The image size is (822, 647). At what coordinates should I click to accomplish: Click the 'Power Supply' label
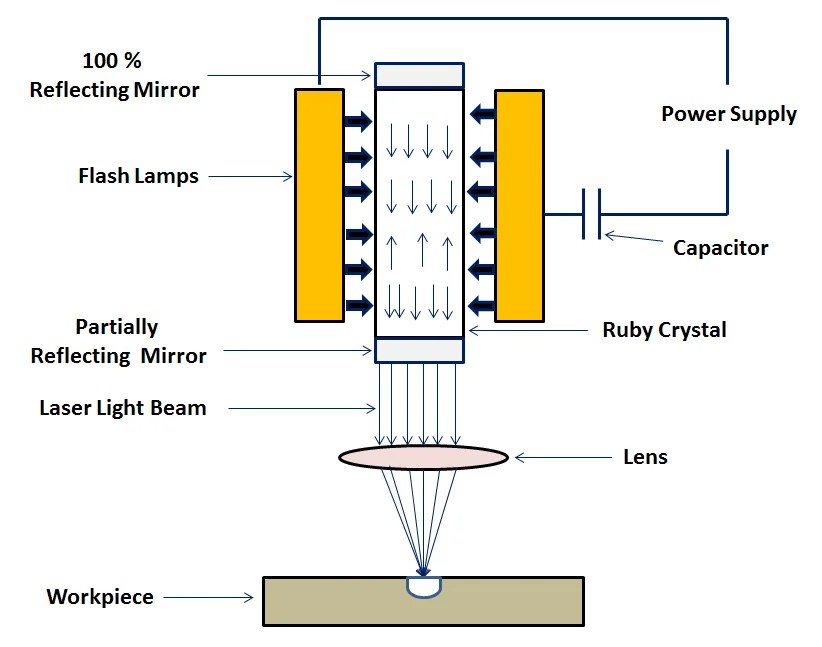point(729,114)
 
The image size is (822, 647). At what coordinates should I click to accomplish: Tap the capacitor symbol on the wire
point(591,214)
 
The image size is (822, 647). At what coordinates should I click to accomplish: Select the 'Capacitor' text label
point(720,247)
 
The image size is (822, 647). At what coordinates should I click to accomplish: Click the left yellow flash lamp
point(319,205)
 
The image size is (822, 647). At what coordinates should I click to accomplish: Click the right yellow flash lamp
point(519,205)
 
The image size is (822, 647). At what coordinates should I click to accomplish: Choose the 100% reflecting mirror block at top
point(419,76)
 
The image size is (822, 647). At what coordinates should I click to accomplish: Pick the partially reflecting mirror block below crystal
point(419,350)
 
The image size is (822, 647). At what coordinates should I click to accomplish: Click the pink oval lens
point(423,457)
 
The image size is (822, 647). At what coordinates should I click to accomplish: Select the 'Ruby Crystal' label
point(664,330)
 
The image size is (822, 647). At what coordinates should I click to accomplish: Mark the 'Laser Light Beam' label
point(122,408)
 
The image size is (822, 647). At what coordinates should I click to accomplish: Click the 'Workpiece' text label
point(100,598)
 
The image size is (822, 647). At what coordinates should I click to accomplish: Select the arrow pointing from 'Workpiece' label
point(210,598)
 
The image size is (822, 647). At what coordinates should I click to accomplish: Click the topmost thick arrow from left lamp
point(356,121)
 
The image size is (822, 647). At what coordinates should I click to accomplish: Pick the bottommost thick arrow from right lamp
point(482,305)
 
